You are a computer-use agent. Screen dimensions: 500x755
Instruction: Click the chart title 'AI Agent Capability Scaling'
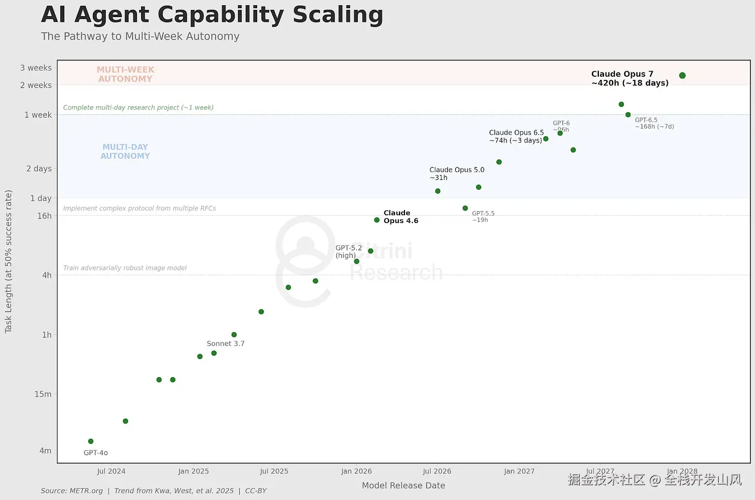(x=212, y=15)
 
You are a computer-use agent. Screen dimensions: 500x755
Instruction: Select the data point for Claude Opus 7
(x=682, y=76)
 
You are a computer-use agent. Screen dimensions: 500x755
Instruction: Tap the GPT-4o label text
(x=96, y=453)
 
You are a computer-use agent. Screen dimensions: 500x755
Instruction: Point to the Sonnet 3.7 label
(x=226, y=343)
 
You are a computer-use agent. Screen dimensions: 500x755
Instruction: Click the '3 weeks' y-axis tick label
(x=36, y=68)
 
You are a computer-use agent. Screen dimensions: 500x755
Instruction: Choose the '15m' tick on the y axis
(x=43, y=394)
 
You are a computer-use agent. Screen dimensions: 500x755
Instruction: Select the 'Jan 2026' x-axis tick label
(x=356, y=471)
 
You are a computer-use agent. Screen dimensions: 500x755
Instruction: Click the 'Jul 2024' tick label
(x=111, y=471)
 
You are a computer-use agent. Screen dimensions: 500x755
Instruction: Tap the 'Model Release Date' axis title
(x=403, y=485)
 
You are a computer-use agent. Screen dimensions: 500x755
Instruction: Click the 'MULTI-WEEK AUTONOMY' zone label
(x=125, y=74)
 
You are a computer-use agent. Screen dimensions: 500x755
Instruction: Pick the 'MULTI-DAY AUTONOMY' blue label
(x=125, y=151)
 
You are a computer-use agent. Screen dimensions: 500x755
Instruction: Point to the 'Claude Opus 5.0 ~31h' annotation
(x=457, y=173)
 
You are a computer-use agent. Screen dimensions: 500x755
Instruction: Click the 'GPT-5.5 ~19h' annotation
(x=483, y=216)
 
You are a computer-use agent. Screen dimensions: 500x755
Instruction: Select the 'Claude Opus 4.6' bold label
(x=401, y=217)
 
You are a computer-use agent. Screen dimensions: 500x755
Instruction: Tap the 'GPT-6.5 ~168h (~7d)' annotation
(x=654, y=123)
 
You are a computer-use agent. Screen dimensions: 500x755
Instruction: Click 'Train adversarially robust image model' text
(x=125, y=268)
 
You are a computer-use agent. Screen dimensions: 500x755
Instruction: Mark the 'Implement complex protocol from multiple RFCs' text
(x=139, y=208)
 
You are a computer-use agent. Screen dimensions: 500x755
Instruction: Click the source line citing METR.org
(x=153, y=491)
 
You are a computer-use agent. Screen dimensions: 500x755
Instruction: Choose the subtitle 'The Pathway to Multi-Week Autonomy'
(x=140, y=36)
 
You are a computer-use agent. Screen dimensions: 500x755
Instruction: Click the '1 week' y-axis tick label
(x=38, y=115)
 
